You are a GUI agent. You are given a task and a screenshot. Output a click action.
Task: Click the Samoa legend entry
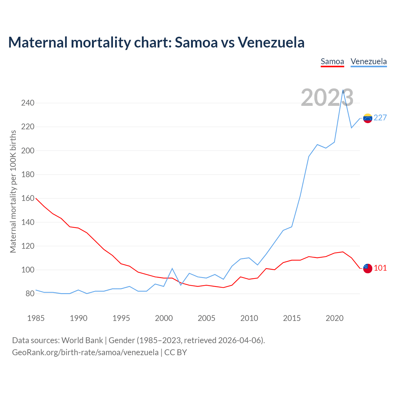(332, 61)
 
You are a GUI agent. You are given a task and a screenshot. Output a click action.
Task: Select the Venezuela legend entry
(369, 61)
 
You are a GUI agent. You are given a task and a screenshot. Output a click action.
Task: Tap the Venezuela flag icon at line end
(368, 118)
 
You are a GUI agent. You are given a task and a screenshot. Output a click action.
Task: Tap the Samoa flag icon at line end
(368, 268)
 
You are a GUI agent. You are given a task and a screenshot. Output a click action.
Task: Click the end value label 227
(380, 118)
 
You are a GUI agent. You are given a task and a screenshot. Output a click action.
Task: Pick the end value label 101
(380, 268)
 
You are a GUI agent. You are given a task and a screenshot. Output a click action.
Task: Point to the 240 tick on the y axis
(28, 103)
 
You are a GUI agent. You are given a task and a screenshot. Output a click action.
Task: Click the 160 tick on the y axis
(28, 198)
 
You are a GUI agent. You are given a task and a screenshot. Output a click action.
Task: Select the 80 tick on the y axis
(30, 294)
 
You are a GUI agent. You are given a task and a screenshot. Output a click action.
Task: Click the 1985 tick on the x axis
(36, 318)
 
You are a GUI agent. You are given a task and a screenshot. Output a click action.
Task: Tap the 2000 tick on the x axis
(164, 318)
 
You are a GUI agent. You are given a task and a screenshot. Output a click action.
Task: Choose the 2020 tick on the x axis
(335, 318)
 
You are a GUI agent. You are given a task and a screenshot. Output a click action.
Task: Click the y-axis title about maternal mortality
(13, 191)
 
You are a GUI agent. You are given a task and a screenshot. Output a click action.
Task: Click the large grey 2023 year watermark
(327, 98)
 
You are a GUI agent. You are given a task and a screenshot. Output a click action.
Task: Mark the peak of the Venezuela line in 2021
(343, 90)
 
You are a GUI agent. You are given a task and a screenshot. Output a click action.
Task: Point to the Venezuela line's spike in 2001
(172, 268)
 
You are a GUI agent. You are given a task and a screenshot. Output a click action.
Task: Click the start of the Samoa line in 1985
(36, 198)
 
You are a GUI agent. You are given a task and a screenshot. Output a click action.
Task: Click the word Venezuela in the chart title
(271, 42)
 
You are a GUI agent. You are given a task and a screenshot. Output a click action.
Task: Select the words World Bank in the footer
(82, 340)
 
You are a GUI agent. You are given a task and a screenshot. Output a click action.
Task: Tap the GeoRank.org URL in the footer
(85, 352)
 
